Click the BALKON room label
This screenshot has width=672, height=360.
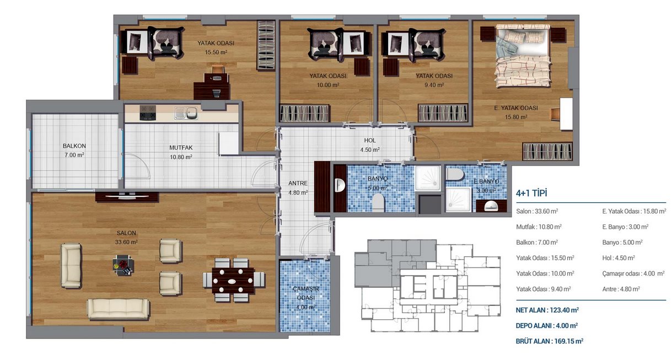[x=74, y=146]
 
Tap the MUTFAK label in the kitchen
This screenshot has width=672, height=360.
[x=181, y=148]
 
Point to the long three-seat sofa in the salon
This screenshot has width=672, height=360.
[x=118, y=308]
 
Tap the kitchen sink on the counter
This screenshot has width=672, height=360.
[x=186, y=113]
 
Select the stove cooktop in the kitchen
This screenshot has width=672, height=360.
[x=148, y=113]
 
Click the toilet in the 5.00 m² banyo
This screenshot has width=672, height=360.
[x=378, y=202]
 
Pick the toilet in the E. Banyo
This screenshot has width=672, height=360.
[x=455, y=174]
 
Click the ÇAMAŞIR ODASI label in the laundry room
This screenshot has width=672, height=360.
[x=306, y=293]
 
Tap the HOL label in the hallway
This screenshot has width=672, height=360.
[x=369, y=140]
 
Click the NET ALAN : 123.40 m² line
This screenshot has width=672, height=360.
[x=547, y=310]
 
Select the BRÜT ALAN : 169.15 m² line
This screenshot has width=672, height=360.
[x=549, y=341]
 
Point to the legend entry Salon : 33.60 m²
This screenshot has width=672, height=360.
[x=537, y=211]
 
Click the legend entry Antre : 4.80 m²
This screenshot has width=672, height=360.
[x=621, y=289]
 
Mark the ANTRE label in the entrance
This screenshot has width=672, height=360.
[x=298, y=183]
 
